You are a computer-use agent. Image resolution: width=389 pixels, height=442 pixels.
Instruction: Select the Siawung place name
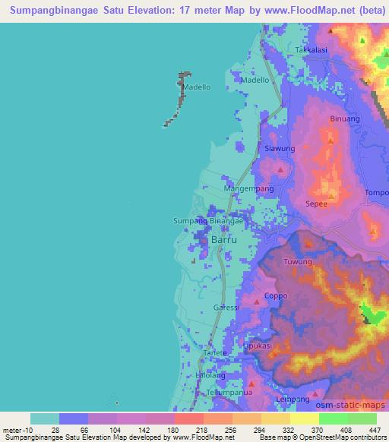(x=278, y=148)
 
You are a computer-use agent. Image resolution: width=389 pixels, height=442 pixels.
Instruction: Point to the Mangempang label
(x=244, y=188)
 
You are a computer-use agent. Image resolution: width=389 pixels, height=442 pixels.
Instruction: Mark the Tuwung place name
(x=298, y=262)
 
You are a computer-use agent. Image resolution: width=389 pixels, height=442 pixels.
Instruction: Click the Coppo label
(x=274, y=296)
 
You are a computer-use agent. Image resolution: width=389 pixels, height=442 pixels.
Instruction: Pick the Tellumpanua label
(x=229, y=393)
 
